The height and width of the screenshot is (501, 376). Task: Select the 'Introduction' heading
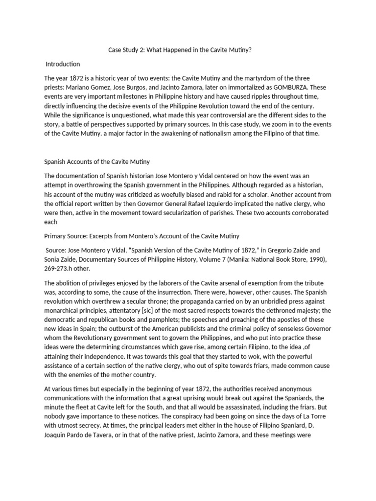(63, 64)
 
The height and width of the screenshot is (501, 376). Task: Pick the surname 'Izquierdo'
(261, 195)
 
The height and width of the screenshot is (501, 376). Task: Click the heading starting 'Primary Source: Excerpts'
(141, 236)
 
